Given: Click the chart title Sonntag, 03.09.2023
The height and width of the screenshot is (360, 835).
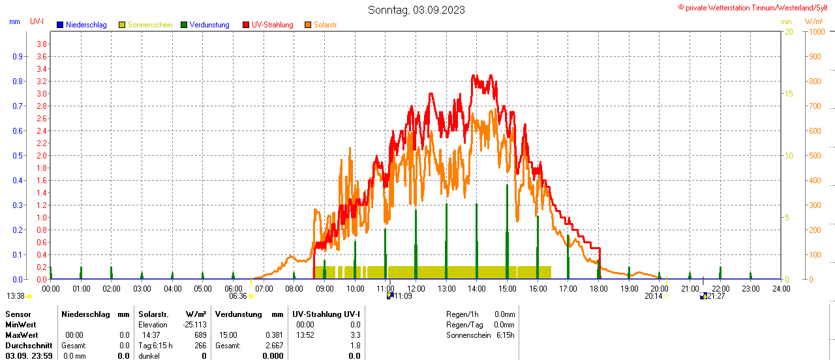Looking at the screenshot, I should click(417, 10).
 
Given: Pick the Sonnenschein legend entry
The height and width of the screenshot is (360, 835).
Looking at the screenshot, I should click(149, 25).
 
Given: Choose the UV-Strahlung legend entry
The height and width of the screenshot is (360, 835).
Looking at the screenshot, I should click(272, 25).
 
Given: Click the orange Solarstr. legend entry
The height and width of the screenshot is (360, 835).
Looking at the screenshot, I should click(326, 25).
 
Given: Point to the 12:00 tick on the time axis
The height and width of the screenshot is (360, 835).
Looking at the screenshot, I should click(416, 288).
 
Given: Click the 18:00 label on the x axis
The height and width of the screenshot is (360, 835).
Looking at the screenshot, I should click(598, 288).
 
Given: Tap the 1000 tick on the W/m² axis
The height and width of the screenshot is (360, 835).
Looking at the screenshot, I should click(815, 31).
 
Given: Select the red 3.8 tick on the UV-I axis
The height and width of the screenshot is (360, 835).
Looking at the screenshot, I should click(42, 44).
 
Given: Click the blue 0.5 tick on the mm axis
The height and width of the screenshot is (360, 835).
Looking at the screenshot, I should click(17, 155).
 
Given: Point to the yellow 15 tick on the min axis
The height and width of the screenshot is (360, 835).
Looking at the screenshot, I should click(789, 93).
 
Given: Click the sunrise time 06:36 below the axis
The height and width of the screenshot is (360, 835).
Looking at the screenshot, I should click(237, 296).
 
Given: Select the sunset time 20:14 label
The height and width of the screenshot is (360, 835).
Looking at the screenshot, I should click(653, 296).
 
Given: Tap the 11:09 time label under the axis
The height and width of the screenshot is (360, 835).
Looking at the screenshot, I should click(403, 296).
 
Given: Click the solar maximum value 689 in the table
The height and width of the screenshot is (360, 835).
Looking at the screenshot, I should click(200, 335).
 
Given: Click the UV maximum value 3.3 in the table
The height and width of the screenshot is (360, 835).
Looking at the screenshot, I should click(355, 335).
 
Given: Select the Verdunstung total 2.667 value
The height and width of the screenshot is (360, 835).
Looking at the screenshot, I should click(274, 346).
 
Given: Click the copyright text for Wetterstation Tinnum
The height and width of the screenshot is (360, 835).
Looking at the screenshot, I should click(755, 7).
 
